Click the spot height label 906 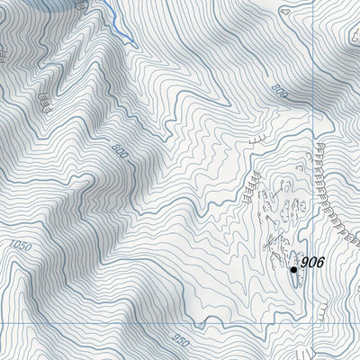311,263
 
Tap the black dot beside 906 293,267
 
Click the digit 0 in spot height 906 311,263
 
